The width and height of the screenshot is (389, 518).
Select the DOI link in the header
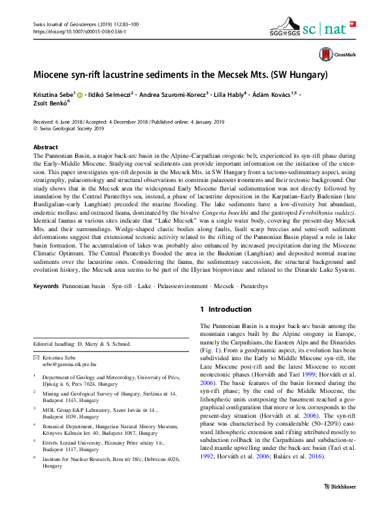(x=79, y=31)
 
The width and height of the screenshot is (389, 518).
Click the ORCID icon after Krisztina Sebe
(x=80, y=95)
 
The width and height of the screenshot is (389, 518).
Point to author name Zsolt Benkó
(x=51, y=103)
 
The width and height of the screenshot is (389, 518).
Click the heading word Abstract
(x=45, y=147)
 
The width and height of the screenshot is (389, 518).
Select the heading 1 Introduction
(x=226, y=309)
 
